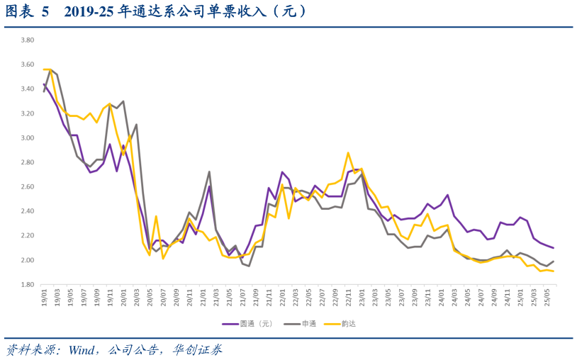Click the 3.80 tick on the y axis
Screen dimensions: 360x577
pos(26,40)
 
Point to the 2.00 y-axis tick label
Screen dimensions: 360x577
pos(26,260)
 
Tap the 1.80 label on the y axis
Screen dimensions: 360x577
pos(26,285)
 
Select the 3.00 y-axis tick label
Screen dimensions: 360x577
pos(26,137)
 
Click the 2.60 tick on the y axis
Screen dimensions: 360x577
pos(26,187)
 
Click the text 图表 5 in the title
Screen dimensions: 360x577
pos(28,12)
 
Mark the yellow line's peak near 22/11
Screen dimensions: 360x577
pos(348,152)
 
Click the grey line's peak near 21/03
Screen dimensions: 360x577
pos(209,171)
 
